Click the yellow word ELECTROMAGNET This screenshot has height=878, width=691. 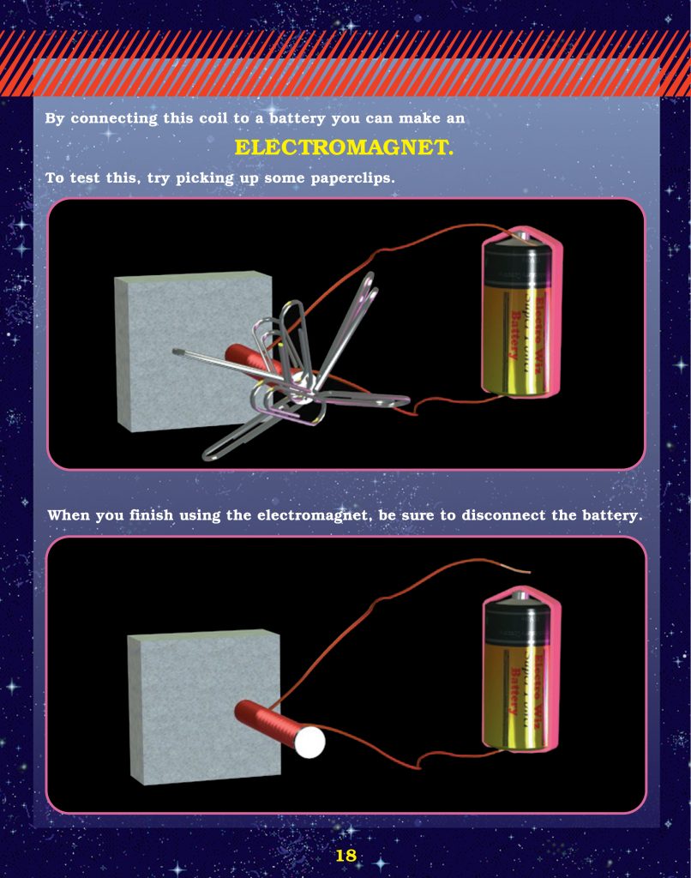(x=344, y=147)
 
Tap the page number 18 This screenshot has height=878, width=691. (x=345, y=855)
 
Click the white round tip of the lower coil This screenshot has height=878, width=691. (x=310, y=742)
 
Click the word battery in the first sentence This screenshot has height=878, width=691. (x=297, y=117)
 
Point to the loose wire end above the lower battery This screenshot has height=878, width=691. (x=525, y=570)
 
